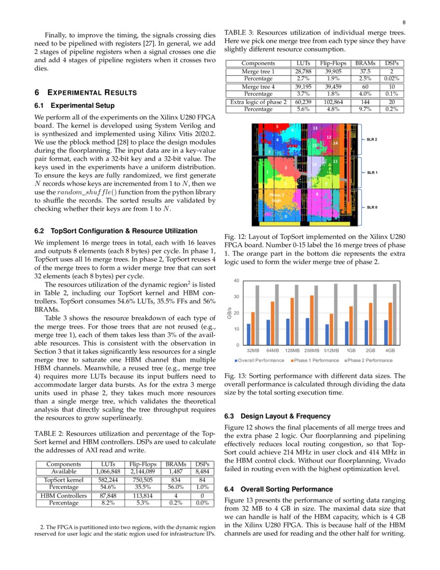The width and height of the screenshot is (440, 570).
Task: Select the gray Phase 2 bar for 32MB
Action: coord(257,315)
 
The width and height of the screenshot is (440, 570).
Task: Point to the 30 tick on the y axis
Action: coord(237,297)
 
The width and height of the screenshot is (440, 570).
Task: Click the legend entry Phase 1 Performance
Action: coord(315,360)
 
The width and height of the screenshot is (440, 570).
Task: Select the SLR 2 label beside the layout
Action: coord(372,139)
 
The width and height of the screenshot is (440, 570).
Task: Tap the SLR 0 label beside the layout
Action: coord(372,207)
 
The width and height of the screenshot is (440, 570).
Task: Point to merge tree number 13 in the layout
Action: coord(315,127)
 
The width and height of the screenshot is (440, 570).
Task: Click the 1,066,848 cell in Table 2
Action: coord(108,472)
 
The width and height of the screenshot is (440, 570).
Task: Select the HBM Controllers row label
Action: coord(64,495)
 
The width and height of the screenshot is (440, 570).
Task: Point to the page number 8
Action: coord(403,22)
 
